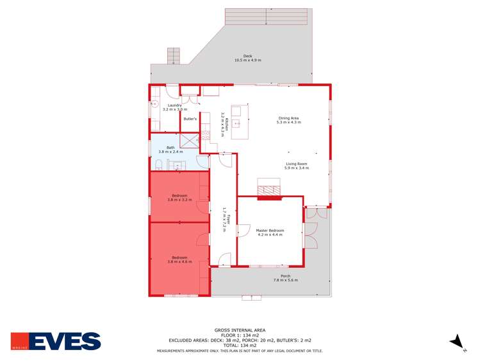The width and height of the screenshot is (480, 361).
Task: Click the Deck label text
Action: click(x=247, y=56)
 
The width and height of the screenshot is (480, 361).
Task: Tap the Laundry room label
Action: click(x=174, y=105)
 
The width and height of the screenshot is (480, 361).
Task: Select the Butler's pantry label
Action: click(x=190, y=119)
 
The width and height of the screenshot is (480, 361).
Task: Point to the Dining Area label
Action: click(x=288, y=118)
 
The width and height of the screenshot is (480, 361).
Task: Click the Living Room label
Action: click(x=296, y=164)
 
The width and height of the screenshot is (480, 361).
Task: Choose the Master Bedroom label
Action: click(x=270, y=231)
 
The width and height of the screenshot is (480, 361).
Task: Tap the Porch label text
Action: click(x=282, y=276)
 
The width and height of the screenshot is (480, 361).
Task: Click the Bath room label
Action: click(x=170, y=148)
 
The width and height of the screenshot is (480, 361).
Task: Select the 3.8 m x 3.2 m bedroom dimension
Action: click(x=179, y=200)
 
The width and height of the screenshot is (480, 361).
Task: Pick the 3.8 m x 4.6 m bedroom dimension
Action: click(x=179, y=261)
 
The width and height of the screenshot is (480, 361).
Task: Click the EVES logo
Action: click(x=56, y=340)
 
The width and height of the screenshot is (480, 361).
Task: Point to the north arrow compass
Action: click(x=456, y=342)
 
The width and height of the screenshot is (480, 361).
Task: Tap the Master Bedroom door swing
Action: click(x=243, y=230)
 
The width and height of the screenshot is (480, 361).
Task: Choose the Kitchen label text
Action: click(x=222, y=124)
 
